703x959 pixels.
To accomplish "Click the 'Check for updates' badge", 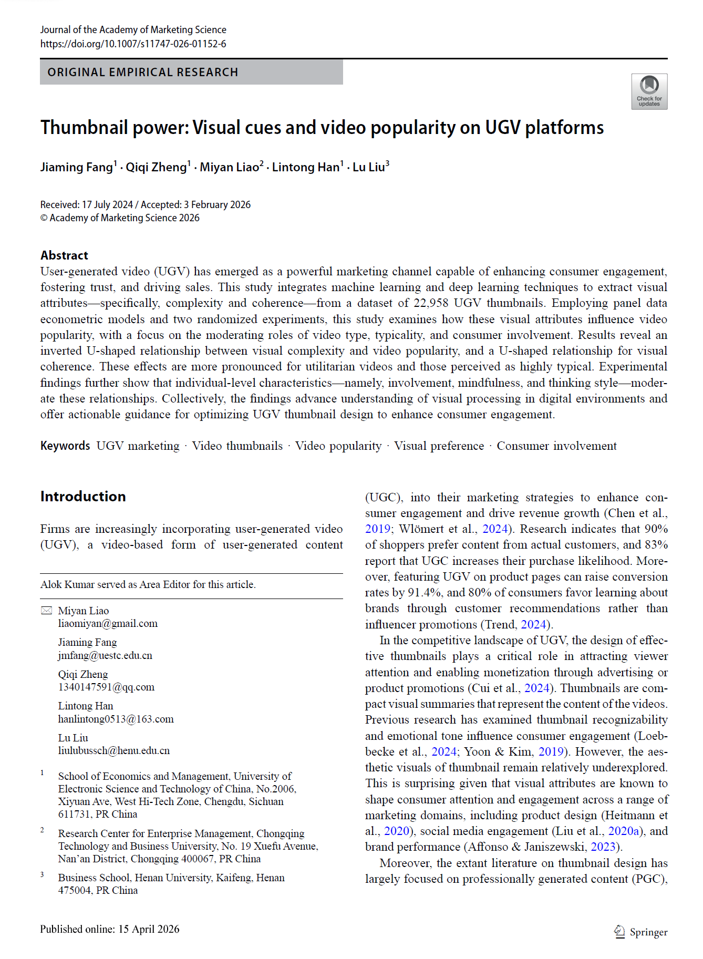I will (x=649, y=91).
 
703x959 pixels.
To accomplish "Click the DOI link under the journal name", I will (x=133, y=44).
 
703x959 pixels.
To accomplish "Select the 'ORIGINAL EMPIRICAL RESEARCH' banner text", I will (x=143, y=72).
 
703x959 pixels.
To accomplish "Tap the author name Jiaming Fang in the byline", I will (x=77, y=167).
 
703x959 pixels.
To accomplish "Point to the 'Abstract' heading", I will (x=64, y=255).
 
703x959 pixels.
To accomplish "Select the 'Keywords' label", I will (x=65, y=446).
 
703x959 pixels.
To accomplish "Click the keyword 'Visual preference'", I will (x=439, y=446).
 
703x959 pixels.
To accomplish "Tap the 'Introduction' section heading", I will (x=83, y=497).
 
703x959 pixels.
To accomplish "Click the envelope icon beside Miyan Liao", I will (x=46, y=611).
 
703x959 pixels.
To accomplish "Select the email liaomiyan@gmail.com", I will (x=108, y=624).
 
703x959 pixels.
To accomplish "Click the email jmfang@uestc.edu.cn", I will (x=105, y=655).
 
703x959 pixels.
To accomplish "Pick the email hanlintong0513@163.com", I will (x=116, y=719).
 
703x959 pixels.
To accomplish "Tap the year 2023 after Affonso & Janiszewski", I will (x=603, y=847).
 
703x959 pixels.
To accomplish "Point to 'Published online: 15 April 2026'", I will (x=110, y=929).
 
